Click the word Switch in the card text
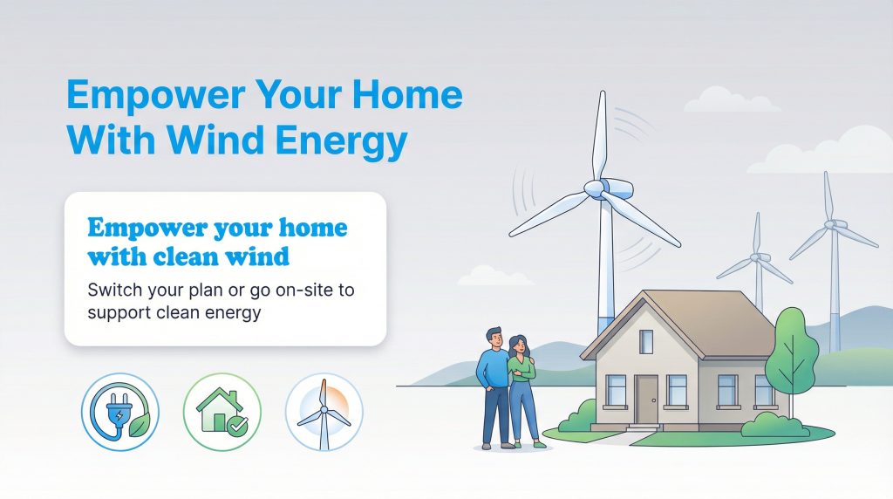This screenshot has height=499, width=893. coord(116,291)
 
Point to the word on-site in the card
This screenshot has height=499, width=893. coord(296,291)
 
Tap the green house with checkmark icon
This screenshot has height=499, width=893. coord(222,413)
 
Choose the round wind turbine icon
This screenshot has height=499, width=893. coord(324,413)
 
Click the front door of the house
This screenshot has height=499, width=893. coord(646,399)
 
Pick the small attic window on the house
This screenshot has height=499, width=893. coord(646,342)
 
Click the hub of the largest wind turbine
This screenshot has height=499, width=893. coord(595,188)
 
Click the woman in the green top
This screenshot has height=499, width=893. coord(521,384)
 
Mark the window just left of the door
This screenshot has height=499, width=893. coord(616,389)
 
